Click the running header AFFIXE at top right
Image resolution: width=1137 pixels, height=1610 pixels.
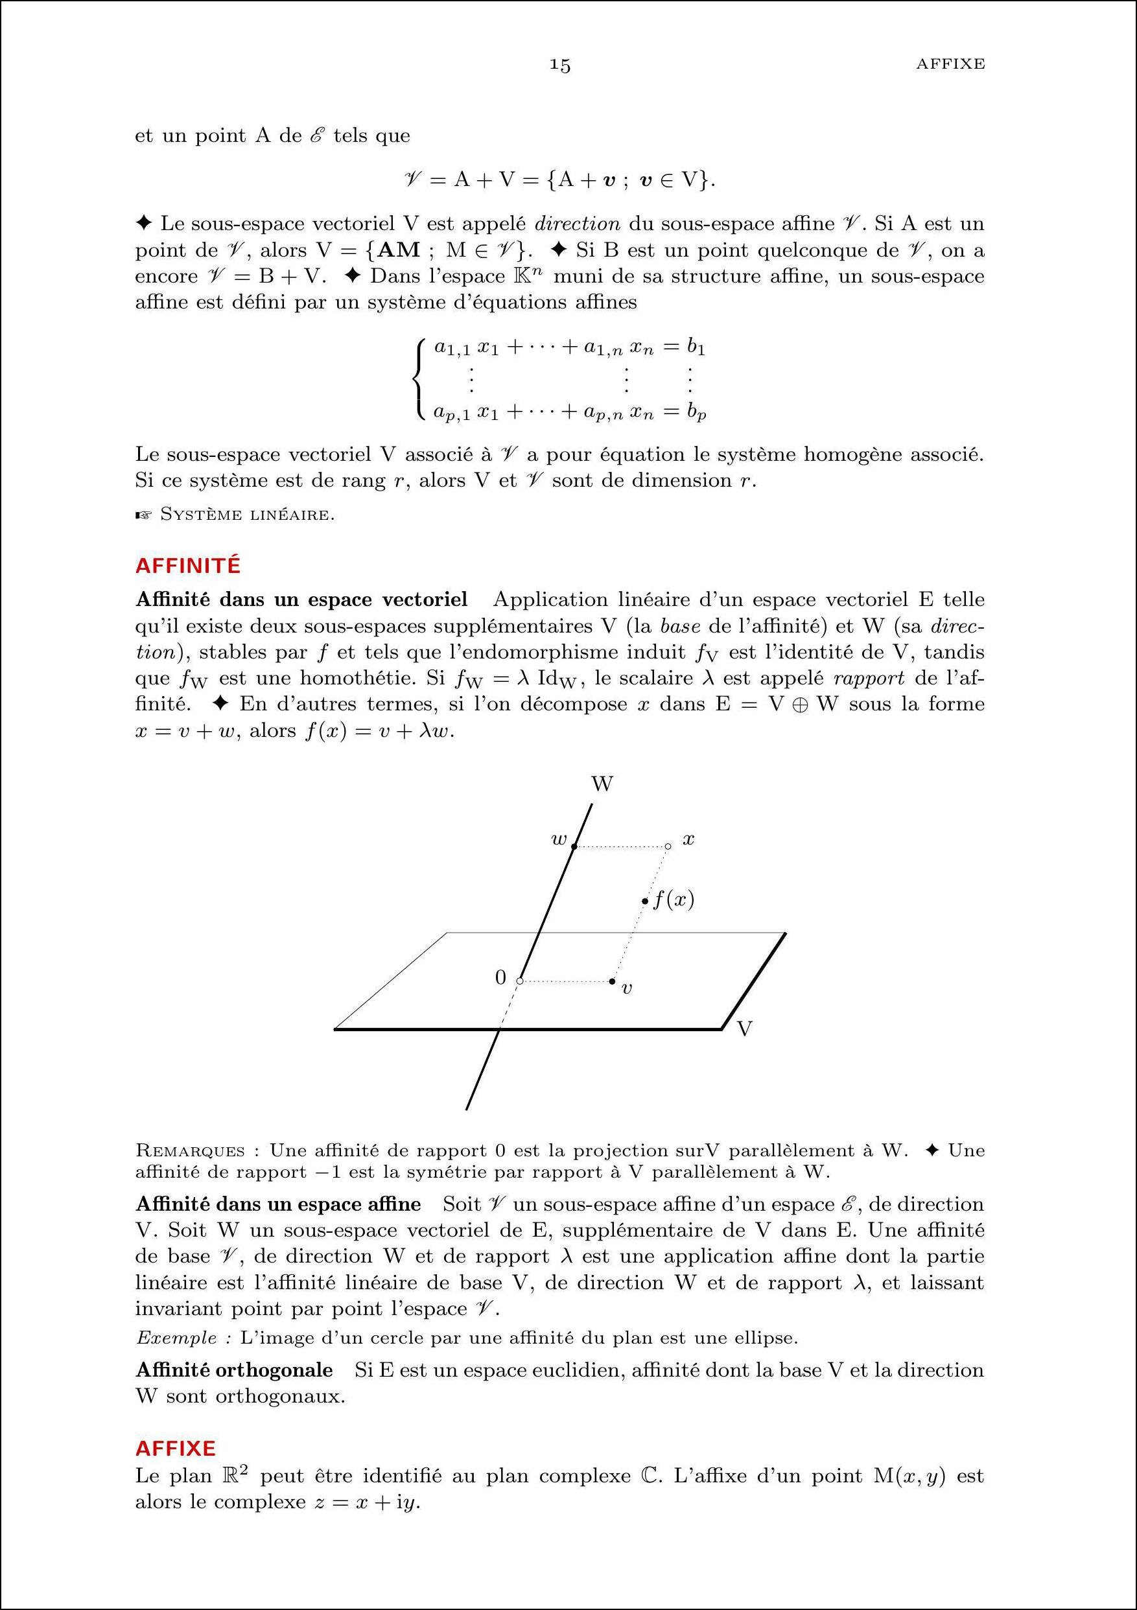[950, 64]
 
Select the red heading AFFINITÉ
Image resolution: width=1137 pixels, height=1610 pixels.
[188, 566]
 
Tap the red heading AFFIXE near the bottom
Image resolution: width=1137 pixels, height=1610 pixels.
[176, 1448]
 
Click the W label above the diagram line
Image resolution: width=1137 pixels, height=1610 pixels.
[602, 784]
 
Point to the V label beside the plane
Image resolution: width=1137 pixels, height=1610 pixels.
[745, 1029]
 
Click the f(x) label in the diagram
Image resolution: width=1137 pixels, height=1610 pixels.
[674, 899]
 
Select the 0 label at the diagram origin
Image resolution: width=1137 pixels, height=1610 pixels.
[500, 977]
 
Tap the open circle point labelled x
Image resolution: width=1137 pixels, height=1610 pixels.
[668, 846]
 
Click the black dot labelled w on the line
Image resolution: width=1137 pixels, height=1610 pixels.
[574, 846]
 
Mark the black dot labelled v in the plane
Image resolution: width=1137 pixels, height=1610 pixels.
[613, 981]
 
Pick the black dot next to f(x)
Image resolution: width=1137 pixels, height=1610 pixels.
[645, 900]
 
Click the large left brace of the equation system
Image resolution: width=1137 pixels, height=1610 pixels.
[419, 379]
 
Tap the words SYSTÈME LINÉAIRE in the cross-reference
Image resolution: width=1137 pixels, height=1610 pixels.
[247, 515]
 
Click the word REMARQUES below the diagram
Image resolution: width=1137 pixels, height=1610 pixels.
[190, 1150]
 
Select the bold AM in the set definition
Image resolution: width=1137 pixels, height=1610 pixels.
[399, 250]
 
